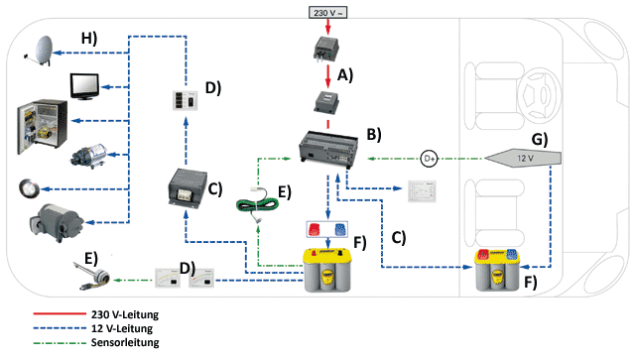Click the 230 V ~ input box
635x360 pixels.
tap(327, 13)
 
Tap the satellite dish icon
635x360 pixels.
tap(40, 51)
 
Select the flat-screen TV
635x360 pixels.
tap(84, 86)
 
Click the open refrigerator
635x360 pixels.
tap(42, 127)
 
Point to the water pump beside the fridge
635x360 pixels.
tap(88, 155)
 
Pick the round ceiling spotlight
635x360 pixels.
tap(29, 188)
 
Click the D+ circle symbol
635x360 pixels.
tap(429, 159)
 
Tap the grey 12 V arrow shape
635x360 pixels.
tap(523, 158)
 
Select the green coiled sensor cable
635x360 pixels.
tap(258, 202)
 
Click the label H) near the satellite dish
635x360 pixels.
tap(89, 39)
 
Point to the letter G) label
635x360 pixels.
tap(540, 139)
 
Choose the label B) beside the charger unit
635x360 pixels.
tap(374, 135)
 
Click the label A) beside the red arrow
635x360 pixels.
tap(345, 75)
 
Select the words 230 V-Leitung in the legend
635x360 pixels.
tap(125, 314)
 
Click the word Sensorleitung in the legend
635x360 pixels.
tap(125, 342)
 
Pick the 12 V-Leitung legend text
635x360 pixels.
tap(122, 328)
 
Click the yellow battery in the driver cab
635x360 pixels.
tap(497, 270)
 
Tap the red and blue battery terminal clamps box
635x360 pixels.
tap(327, 229)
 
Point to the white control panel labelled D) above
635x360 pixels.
tap(186, 100)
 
